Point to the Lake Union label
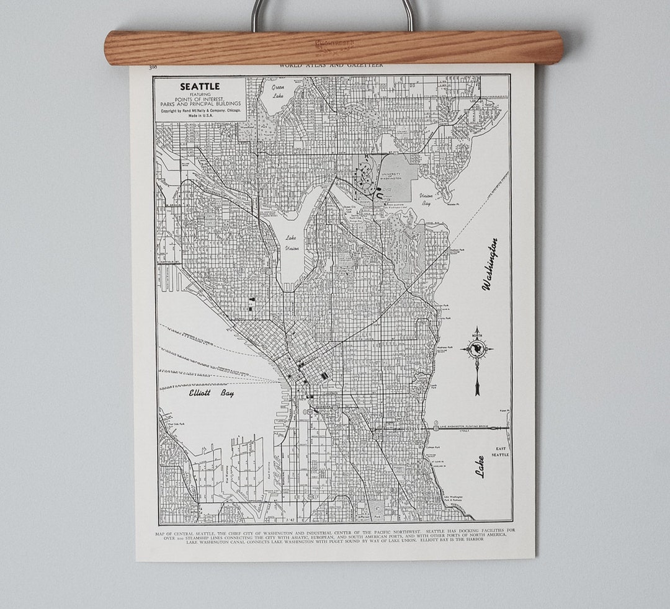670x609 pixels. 291,243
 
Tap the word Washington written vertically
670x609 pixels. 490,264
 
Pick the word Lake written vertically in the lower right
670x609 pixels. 480,466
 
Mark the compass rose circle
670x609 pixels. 477,349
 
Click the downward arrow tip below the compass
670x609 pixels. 477,392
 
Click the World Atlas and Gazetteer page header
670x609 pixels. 331,64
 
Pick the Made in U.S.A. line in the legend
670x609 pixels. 199,117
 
